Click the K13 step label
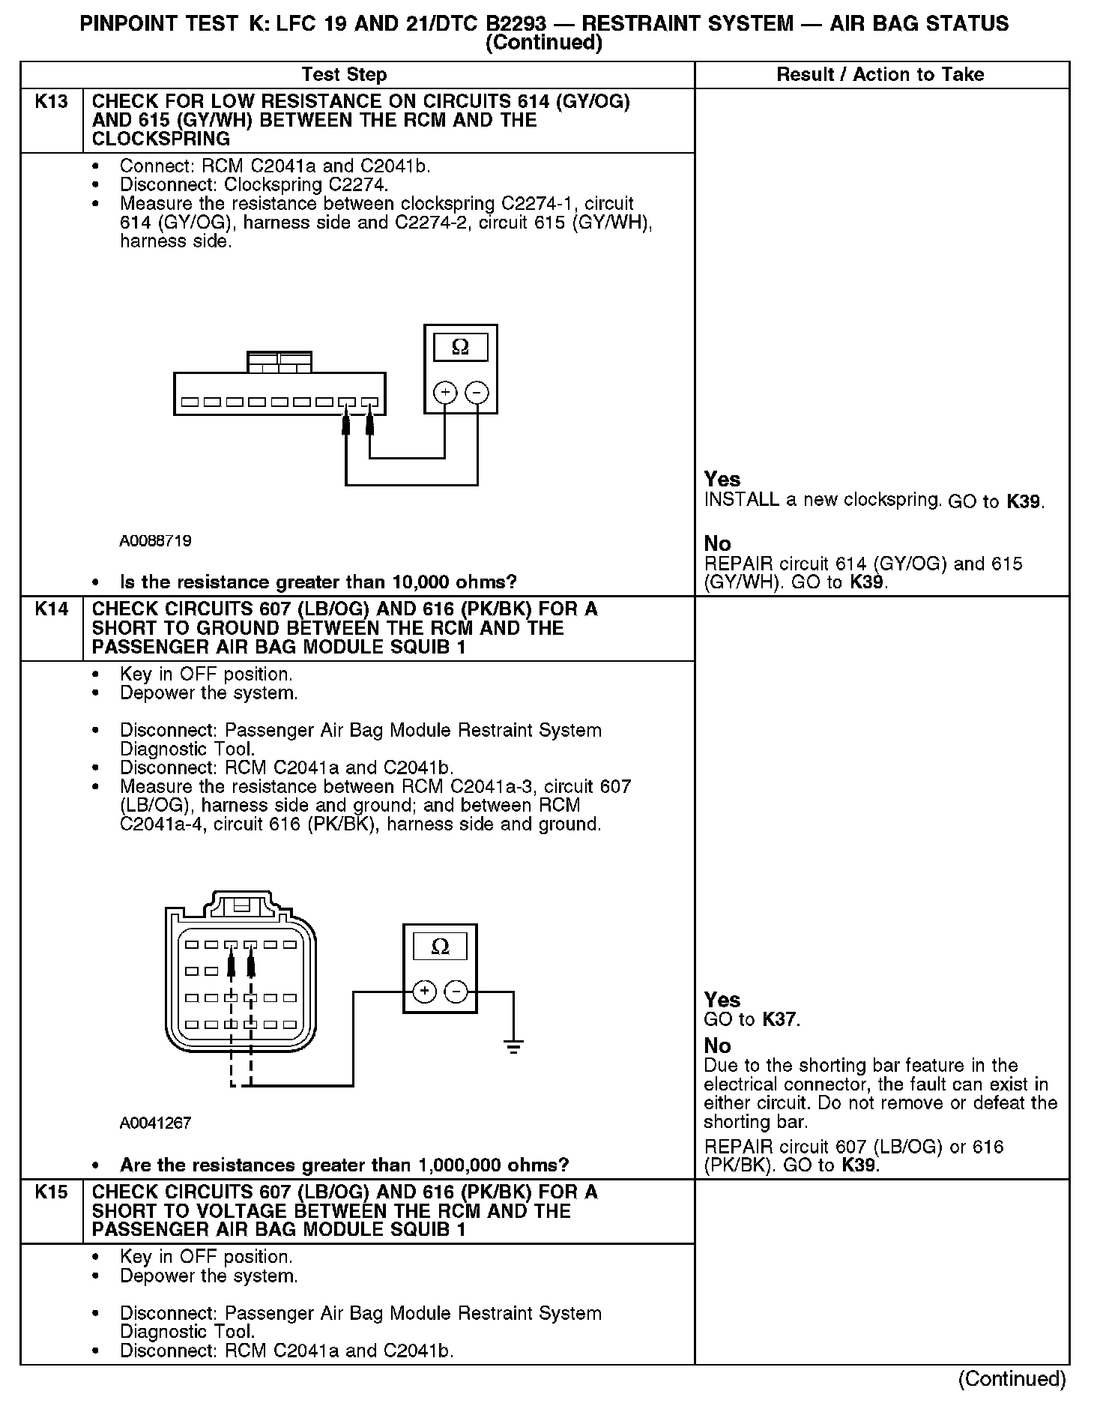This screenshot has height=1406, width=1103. coord(51,102)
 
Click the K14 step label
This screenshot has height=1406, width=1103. coord(51,609)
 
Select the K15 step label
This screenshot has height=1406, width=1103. coord(51,1192)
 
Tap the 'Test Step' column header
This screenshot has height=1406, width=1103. coord(344,75)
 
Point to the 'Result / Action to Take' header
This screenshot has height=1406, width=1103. coord(880,75)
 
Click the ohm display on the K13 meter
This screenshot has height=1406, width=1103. coord(461,347)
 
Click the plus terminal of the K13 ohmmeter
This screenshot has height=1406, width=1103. coord(445,392)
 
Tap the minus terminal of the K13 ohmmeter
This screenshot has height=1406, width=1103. coord(477,392)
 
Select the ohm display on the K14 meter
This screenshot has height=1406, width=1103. coord(441,947)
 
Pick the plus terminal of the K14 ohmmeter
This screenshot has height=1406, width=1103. coord(425,992)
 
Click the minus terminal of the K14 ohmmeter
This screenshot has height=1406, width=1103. coord(456,992)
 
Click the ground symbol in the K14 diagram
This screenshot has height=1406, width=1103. coord(513,1046)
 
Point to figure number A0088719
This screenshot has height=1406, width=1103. coord(155,540)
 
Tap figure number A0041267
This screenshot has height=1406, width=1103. coord(155,1123)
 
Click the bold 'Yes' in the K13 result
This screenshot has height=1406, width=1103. coord(722,480)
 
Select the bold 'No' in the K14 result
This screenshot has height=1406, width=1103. coord(717,1046)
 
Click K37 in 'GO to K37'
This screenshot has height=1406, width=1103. coord(780,1019)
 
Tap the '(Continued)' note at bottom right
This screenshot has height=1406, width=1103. coord(1012,1378)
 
